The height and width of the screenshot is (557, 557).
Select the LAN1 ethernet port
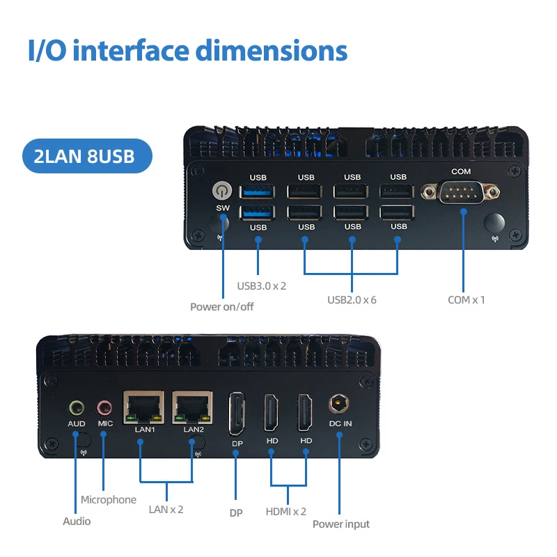(x=143, y=408)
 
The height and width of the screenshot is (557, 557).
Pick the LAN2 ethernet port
(x=192, y=408)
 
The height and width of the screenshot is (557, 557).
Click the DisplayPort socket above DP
(x=236, y=414)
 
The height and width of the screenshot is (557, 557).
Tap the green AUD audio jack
(x=76, y=407)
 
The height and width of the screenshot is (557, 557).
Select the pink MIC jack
(x=104, y=407)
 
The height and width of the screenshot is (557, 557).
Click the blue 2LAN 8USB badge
(x=87, y=155)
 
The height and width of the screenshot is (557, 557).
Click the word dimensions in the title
(x=272, y=52)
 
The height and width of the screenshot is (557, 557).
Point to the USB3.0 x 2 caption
(x=262, y=285)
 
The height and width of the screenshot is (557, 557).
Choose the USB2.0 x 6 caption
(x=352, y=300)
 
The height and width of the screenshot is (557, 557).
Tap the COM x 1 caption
(x=466, y=300)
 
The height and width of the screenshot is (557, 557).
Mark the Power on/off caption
(x=222, y=306)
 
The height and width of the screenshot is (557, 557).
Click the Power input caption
(x=341, y=524)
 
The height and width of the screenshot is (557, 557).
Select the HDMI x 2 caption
(x=286, y=511)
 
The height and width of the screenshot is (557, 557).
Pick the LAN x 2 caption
(x=166, y=509)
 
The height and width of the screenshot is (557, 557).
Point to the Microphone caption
(x=109, y=499)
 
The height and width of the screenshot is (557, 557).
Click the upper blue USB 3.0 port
(x=258, y=192)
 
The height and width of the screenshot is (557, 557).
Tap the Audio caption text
(x=77, y=521)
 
